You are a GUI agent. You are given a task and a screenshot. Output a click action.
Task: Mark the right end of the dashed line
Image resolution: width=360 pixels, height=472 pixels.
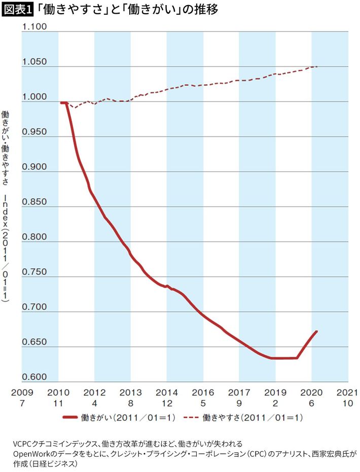317,66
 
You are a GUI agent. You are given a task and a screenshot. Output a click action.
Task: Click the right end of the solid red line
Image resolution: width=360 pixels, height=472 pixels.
316,332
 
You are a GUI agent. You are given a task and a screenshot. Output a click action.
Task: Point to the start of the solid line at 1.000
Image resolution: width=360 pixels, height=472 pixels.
62,103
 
